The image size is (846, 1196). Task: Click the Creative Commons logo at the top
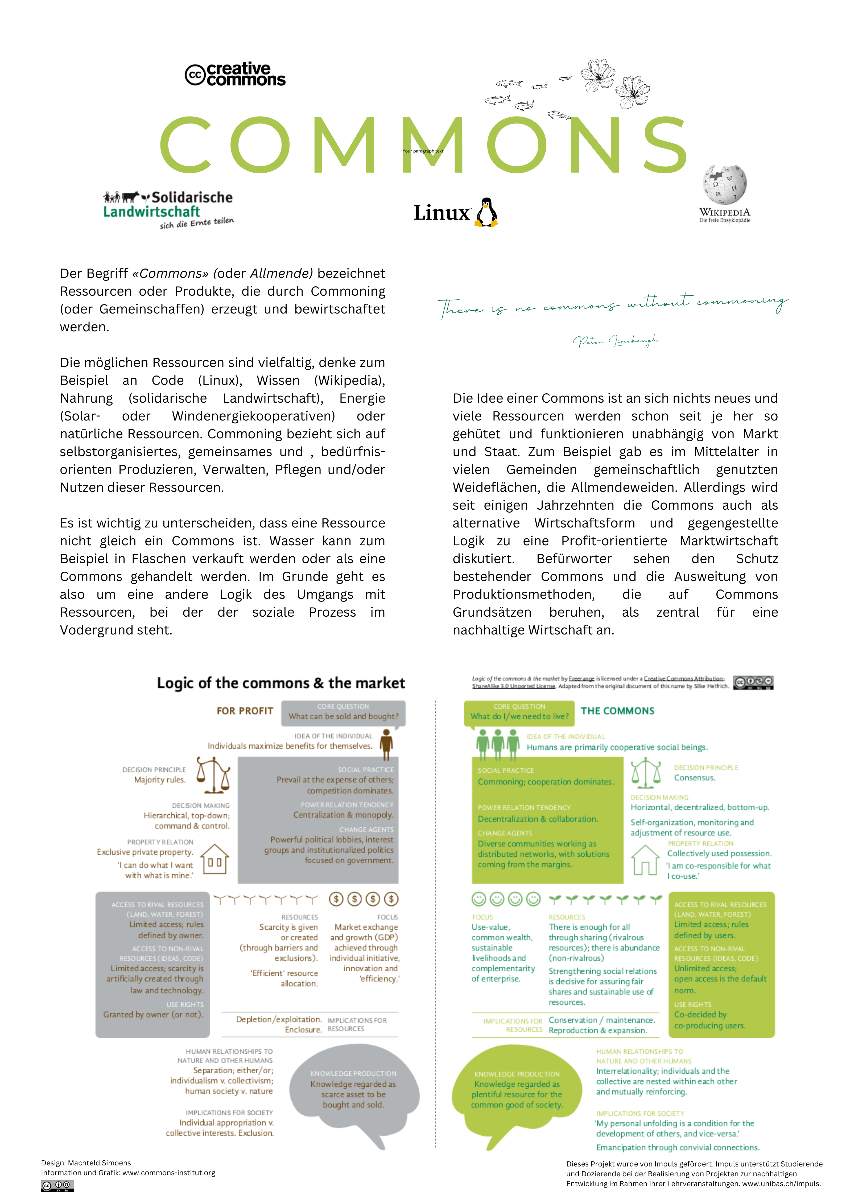tap(235, 75)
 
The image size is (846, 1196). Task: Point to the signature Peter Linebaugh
tap(616, 341)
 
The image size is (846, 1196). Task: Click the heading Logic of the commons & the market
tap(281, 683)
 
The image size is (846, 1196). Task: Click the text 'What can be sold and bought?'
tap(343, 716)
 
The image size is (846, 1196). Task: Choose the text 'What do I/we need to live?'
tap(519, 716)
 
